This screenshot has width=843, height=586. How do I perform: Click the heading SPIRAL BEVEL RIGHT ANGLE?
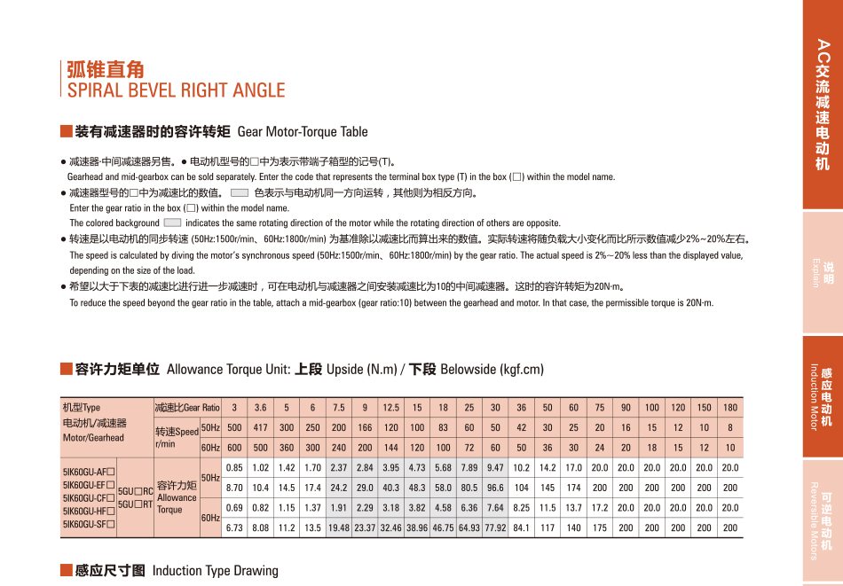(177, 90)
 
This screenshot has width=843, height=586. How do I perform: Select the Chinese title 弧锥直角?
(106, 69)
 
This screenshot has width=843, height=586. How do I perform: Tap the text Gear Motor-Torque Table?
(303, 132)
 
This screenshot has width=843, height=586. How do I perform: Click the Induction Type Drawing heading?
(216, 570)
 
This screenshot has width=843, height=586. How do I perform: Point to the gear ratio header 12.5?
(390, 408)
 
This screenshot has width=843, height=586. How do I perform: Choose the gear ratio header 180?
(729, 408)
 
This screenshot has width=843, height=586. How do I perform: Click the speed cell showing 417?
(261, 427)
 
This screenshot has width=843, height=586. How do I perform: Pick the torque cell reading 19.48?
(339, 527)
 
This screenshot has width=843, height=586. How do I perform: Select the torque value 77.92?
(495, 527)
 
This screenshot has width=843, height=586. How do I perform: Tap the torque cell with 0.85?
(234, 467)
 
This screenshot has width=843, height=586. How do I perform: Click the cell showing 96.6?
(495, 488)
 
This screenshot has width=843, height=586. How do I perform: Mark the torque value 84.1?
(521, 527)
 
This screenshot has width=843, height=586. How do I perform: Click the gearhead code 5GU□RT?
(136, 504)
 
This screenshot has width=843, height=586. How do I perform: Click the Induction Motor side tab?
(822, 396)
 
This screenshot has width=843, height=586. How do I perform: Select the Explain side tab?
(822, 273)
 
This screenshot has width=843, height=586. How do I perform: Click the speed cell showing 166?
(365, 427)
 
